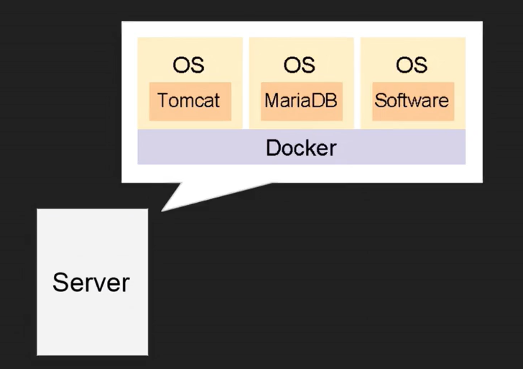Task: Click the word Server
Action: (91, 282)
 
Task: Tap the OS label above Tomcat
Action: (188, 65)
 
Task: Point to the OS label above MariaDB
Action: (300, 65)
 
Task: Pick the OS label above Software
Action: (411, 65)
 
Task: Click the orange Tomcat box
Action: (189, 101)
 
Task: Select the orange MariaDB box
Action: (300, 101)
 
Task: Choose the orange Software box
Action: (412, 101)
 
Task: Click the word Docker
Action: (301, 148)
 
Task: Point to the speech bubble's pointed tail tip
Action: (162, 210)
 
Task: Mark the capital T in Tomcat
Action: (162, 100)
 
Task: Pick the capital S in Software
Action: (379, 100)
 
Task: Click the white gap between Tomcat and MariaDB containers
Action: (246, 79)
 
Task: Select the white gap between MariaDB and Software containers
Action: (357, 79)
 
